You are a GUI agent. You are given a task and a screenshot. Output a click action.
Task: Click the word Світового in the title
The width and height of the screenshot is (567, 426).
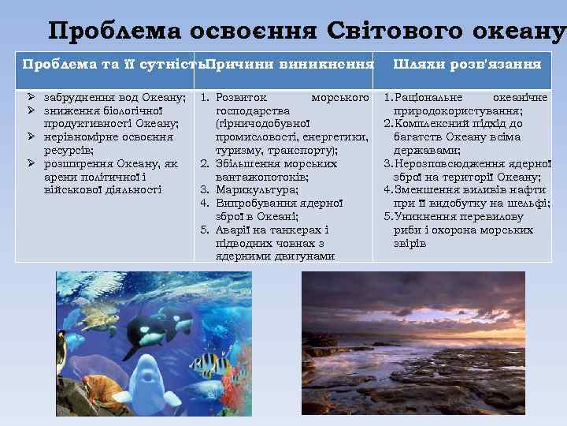380,31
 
